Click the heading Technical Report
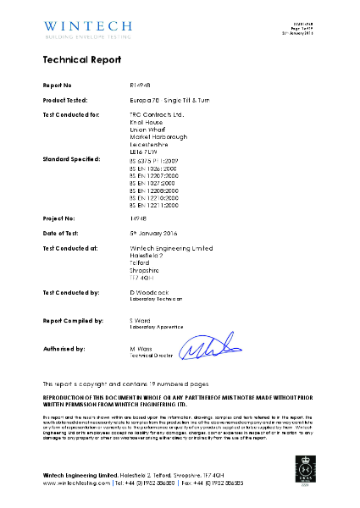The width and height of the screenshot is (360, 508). (82, 60)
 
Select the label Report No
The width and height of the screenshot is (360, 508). (58, 86)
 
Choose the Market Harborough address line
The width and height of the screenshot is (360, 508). (158, 136)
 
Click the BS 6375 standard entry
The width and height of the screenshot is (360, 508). (153, 159)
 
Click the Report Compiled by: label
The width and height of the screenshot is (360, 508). (73, 321)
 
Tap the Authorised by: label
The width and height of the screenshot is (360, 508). (64, 349)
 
